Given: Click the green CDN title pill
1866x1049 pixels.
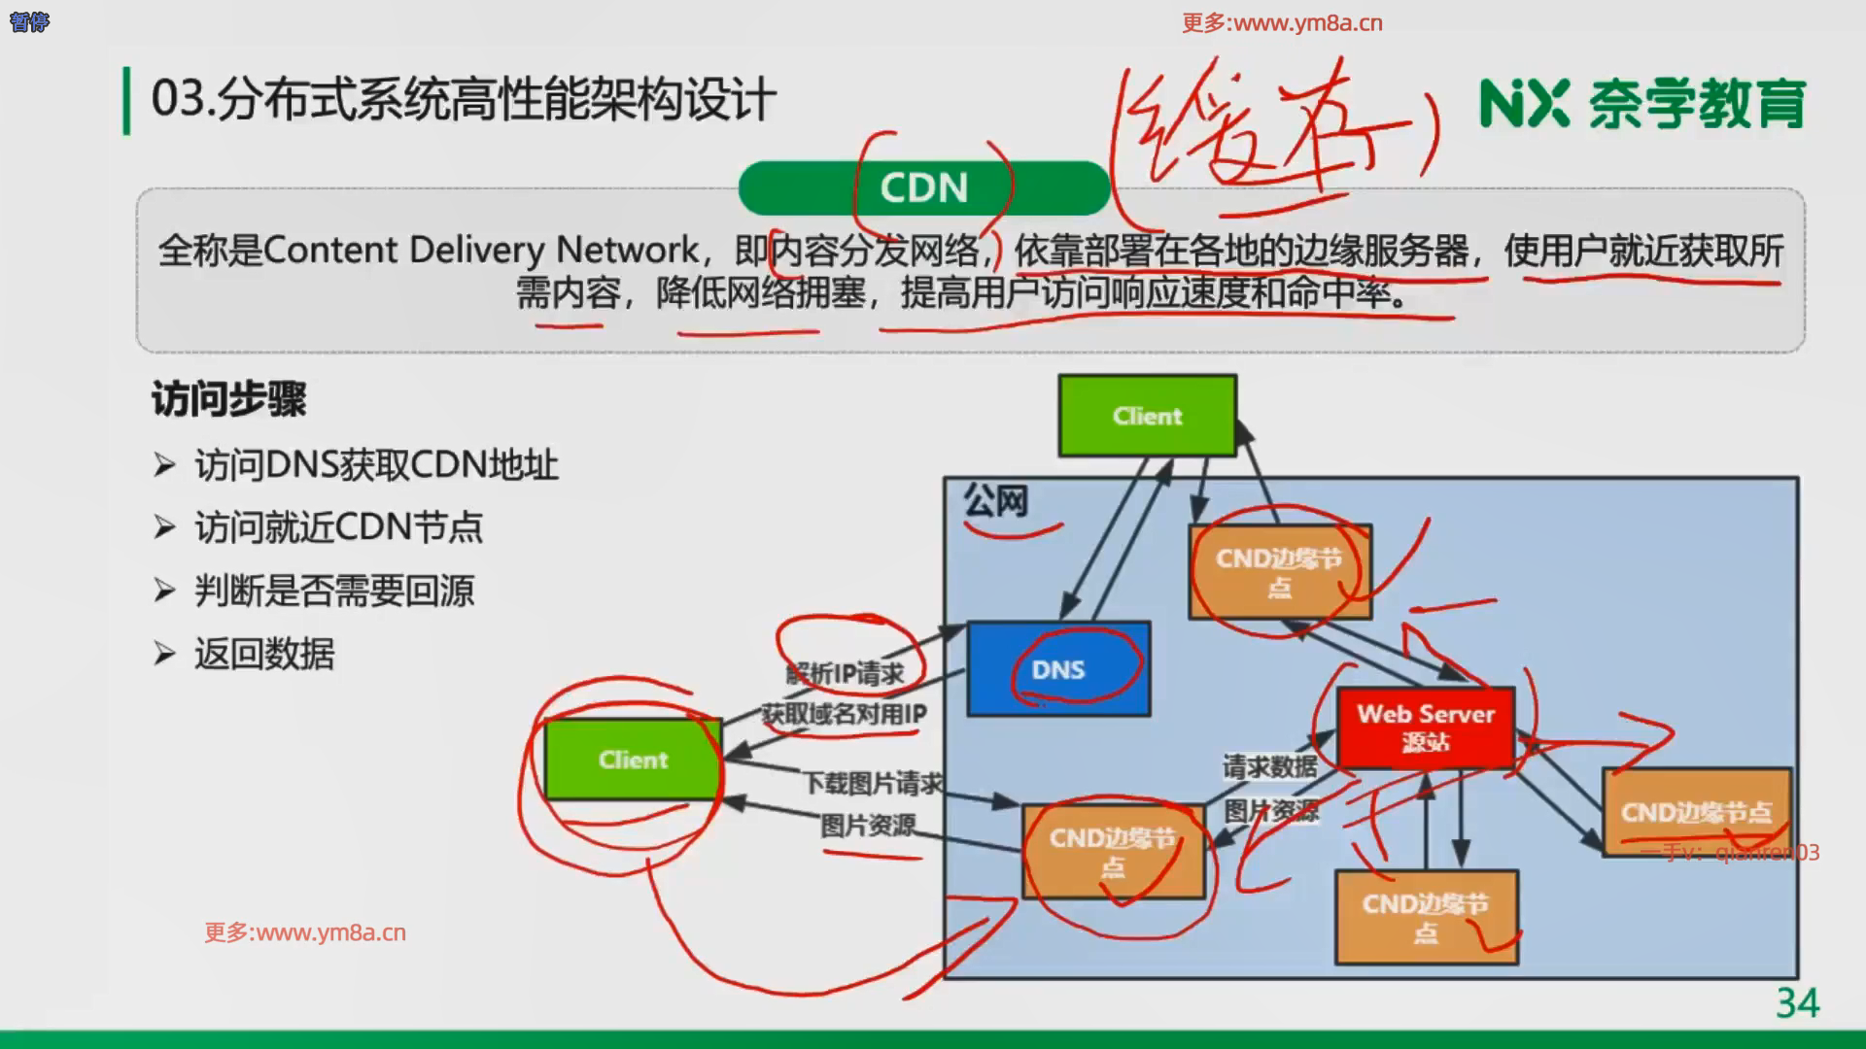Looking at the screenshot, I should coord(923,187).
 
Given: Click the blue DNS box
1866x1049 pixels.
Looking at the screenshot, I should coord(1058,669).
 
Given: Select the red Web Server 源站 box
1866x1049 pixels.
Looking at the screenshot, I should coord(1425,728).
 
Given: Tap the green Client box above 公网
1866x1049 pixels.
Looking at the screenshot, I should coord(1147,416).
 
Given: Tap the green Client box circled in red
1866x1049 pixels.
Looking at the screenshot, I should coord(633,760).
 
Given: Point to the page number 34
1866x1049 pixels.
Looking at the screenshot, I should coord(1797,1002).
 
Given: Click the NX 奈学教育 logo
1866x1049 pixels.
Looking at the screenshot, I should coord(1641,104).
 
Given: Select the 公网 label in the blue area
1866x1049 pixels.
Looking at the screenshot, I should coord(995,501).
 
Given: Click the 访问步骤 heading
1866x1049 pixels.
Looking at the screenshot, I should coord(229,399).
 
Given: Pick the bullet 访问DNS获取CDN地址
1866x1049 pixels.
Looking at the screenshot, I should coord(376,465).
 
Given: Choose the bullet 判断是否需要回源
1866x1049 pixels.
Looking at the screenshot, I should coord(334,591).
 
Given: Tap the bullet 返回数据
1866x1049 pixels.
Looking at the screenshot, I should coord(264,654).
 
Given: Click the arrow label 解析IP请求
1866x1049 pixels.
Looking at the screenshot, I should coord(845,672).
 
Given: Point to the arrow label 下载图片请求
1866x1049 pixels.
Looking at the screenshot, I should coord(873,783).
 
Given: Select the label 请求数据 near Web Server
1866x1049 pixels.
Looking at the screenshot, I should coord(1269,767).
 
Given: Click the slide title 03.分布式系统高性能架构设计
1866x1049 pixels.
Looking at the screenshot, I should coord(464,100).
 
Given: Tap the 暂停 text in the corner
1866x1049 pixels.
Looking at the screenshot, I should coord(28,21).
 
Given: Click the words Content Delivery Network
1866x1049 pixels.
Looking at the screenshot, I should coord(480,251).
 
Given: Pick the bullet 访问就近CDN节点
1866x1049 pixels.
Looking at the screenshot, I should coord(338,527).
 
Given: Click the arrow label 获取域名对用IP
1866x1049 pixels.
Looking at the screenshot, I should coord(844,714).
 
